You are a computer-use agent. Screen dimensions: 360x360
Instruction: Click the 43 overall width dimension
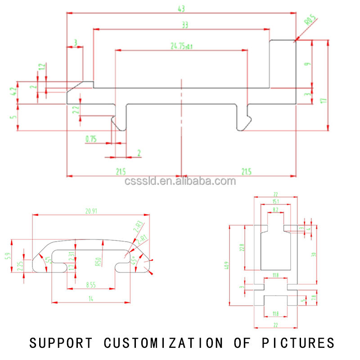click(181, 9)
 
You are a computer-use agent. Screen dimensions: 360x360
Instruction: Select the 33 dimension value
click(184, 25)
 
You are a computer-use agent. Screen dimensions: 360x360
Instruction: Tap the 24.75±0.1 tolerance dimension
click(181, 45)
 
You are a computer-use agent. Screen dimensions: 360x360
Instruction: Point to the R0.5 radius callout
click(310, 20)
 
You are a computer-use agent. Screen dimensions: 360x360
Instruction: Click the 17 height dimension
click(323, 101)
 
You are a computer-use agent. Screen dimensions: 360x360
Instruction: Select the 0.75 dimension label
click(91, 139)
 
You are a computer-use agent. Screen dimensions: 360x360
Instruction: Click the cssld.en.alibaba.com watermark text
click(180, 181)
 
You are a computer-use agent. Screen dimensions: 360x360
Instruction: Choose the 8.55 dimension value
click(91, 284)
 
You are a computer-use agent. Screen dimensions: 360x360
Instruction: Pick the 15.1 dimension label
click(276, 201)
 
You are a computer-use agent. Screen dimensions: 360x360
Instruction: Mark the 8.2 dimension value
click(275, 210)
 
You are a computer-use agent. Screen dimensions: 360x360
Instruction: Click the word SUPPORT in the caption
click(62, 343)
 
